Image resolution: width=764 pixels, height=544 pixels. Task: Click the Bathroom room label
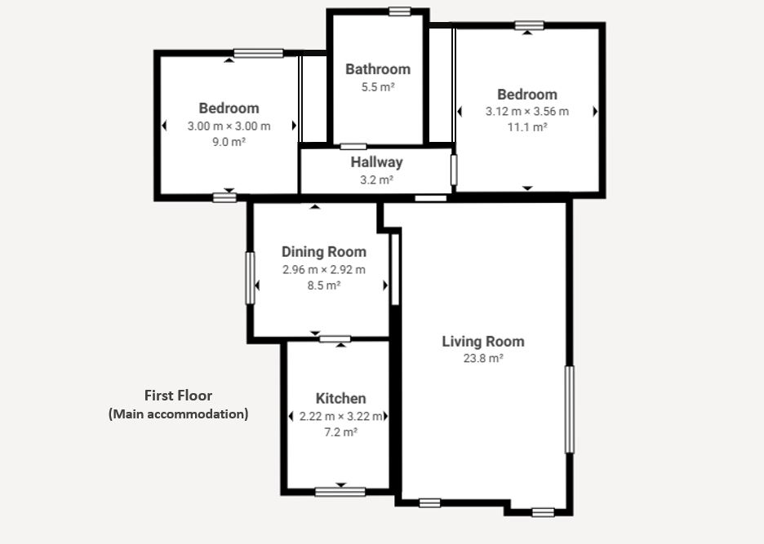[378, 69]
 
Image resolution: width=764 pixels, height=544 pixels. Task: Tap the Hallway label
[376, 162]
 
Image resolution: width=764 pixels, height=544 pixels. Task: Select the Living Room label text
[483, 342]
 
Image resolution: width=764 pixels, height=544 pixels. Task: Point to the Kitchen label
[340, 398]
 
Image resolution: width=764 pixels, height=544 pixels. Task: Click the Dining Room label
[323, 252]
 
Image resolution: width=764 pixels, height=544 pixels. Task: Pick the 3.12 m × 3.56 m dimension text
[526, 112]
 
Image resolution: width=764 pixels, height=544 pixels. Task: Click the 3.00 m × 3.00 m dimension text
[229, 126]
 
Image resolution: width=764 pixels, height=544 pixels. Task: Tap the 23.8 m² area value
[483, 358]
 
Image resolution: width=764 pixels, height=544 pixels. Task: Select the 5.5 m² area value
[378, 87]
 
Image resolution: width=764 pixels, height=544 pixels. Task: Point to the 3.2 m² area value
[376, 180]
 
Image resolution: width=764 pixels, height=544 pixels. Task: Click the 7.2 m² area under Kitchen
[340, 432]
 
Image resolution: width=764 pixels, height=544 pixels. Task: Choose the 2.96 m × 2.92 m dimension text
[323, 270]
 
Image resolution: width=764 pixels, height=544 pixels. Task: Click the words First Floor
[178, 396]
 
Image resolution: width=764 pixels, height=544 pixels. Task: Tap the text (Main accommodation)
[178, 414]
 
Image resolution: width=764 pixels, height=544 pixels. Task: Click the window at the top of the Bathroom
[399, 11]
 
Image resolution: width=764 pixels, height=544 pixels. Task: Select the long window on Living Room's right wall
[569, 409]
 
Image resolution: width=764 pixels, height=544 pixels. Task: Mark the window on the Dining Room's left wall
[250, 278]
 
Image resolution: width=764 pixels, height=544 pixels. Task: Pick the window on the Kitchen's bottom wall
[340, 492]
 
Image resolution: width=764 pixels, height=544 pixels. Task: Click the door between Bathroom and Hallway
[353, 147]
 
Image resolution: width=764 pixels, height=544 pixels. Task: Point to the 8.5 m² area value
[323, 285]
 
